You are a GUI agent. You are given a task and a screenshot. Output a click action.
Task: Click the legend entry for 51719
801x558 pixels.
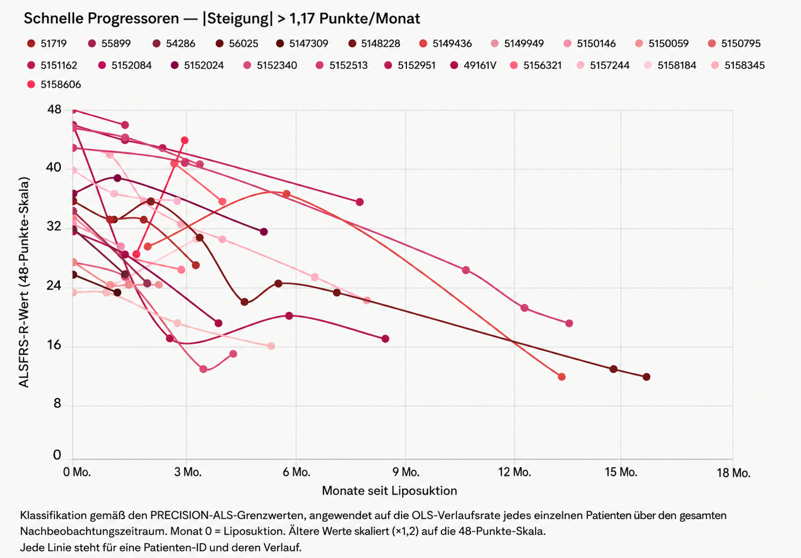(47, 44)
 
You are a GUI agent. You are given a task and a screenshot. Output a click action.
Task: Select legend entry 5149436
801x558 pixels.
(445, 44)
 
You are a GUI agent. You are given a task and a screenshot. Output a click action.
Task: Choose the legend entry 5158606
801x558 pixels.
(54, 85)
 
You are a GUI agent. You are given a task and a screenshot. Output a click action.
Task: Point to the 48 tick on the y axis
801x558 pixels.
(54, 109)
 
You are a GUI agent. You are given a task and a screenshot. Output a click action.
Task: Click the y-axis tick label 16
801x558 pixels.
(54, 345)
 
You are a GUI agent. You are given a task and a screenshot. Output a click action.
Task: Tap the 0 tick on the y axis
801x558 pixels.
(57, 455)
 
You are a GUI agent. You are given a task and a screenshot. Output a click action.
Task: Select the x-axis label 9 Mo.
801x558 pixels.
(406, 472)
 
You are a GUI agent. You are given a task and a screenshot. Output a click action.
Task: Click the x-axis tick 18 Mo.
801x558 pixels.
(733, 473)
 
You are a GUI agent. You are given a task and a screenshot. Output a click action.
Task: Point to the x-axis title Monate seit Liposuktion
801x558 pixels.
(389, 491)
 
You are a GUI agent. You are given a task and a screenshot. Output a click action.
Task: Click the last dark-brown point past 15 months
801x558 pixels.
(646, 377)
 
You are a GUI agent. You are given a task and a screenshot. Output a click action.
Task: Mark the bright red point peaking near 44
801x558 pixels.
(185, 141)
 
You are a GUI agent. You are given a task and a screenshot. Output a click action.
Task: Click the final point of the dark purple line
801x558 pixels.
(264, 232)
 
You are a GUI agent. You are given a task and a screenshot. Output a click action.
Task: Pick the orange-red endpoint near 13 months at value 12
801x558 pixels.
(562, 377)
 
